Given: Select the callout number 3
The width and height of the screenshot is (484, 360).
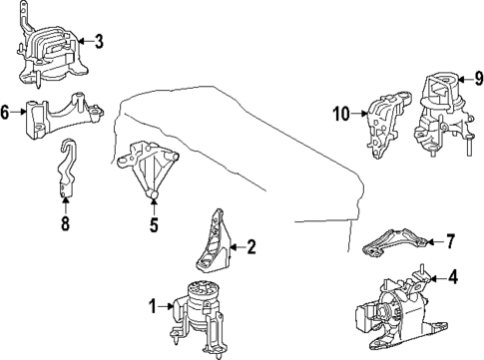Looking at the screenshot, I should tap(97, 42).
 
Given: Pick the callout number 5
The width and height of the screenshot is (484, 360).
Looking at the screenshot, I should tap(155, 225).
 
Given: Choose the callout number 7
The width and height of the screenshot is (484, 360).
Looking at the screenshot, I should tap(449, 242).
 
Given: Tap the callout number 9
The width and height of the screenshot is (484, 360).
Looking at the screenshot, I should tap(478, 76).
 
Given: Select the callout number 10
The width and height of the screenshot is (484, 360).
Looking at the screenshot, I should tap(340, 115).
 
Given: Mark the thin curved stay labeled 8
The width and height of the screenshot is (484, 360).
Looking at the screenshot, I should tap(65, 180).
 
